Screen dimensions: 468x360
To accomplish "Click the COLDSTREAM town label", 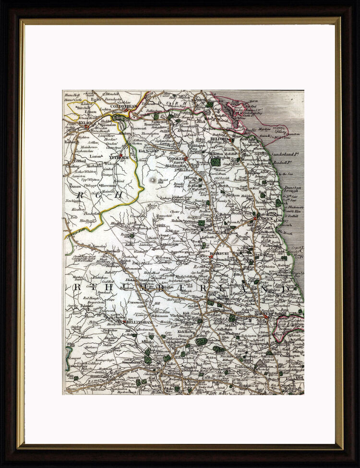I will click(124, 106).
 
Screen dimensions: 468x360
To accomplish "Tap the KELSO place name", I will click(85, 123).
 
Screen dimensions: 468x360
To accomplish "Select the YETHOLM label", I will click(119, 157).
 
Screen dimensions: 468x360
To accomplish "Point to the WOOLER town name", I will click(176, 158).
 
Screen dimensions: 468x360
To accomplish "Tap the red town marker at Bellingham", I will click(124, 322).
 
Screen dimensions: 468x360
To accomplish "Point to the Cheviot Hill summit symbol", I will click(153, 180).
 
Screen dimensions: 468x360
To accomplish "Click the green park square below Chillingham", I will click(216, 163).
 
